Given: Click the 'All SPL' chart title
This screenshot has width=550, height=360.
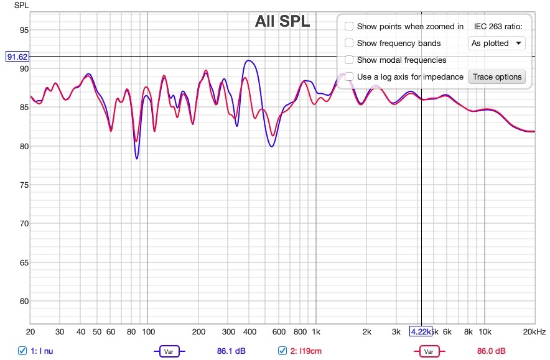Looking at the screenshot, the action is pos(282,21).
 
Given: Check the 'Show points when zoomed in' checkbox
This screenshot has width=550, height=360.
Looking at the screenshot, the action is pos(348,26).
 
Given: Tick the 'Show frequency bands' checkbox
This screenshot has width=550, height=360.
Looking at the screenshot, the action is pos(348,43).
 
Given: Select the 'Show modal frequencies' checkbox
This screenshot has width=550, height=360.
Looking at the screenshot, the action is pos(348,60).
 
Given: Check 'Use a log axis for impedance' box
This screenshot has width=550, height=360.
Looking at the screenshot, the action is pos(348,76).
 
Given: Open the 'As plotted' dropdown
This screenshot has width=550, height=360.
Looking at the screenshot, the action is pos(496,43).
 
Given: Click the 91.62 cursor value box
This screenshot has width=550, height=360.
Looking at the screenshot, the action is pos(17,57).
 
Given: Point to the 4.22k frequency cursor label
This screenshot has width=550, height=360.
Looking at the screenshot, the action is pos(421,331).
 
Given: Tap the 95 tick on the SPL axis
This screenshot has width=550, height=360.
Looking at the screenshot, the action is pos(24,30).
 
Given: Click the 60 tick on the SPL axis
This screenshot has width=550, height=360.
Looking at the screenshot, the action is pos(24,301).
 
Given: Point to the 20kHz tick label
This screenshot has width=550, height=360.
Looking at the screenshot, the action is pos(534,331).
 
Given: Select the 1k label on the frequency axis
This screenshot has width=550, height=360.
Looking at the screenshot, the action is pos(316,331).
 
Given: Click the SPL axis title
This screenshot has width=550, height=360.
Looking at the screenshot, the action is pos(21,5).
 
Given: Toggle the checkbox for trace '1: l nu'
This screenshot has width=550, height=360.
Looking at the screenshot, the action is pos(22,351).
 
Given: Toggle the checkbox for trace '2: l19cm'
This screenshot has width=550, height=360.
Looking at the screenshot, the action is pos(282,351).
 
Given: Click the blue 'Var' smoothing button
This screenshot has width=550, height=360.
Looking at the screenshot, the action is pos(169,351).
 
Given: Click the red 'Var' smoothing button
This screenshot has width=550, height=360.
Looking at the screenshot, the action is pos(429,351).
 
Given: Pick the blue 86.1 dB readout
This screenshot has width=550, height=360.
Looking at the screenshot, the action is pos(231,351).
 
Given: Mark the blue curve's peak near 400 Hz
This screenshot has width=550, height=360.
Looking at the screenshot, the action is pos(249,61).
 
